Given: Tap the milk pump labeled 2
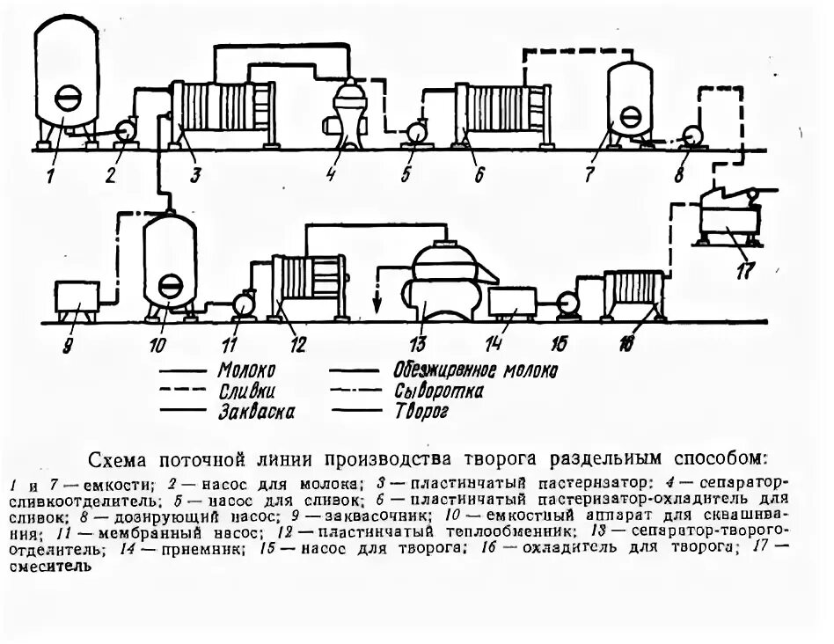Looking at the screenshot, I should pos(123,130).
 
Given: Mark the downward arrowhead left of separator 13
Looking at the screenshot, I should pos(377,308).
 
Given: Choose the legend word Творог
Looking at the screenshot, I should pos(422,411).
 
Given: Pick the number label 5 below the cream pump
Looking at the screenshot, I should pos(406,175).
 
